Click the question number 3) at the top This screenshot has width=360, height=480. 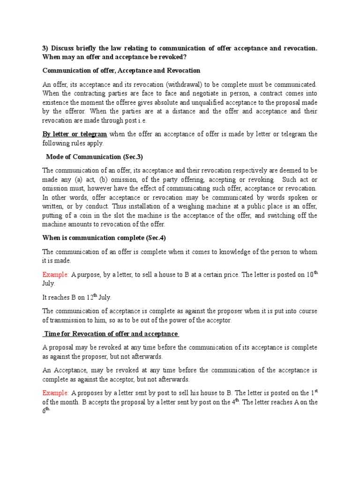tap(45, 48)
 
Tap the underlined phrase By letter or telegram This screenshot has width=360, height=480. tap(75, 134)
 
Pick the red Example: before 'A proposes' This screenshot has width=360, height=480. tap(56, 393)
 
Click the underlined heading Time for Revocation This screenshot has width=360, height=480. tap(111, 334)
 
